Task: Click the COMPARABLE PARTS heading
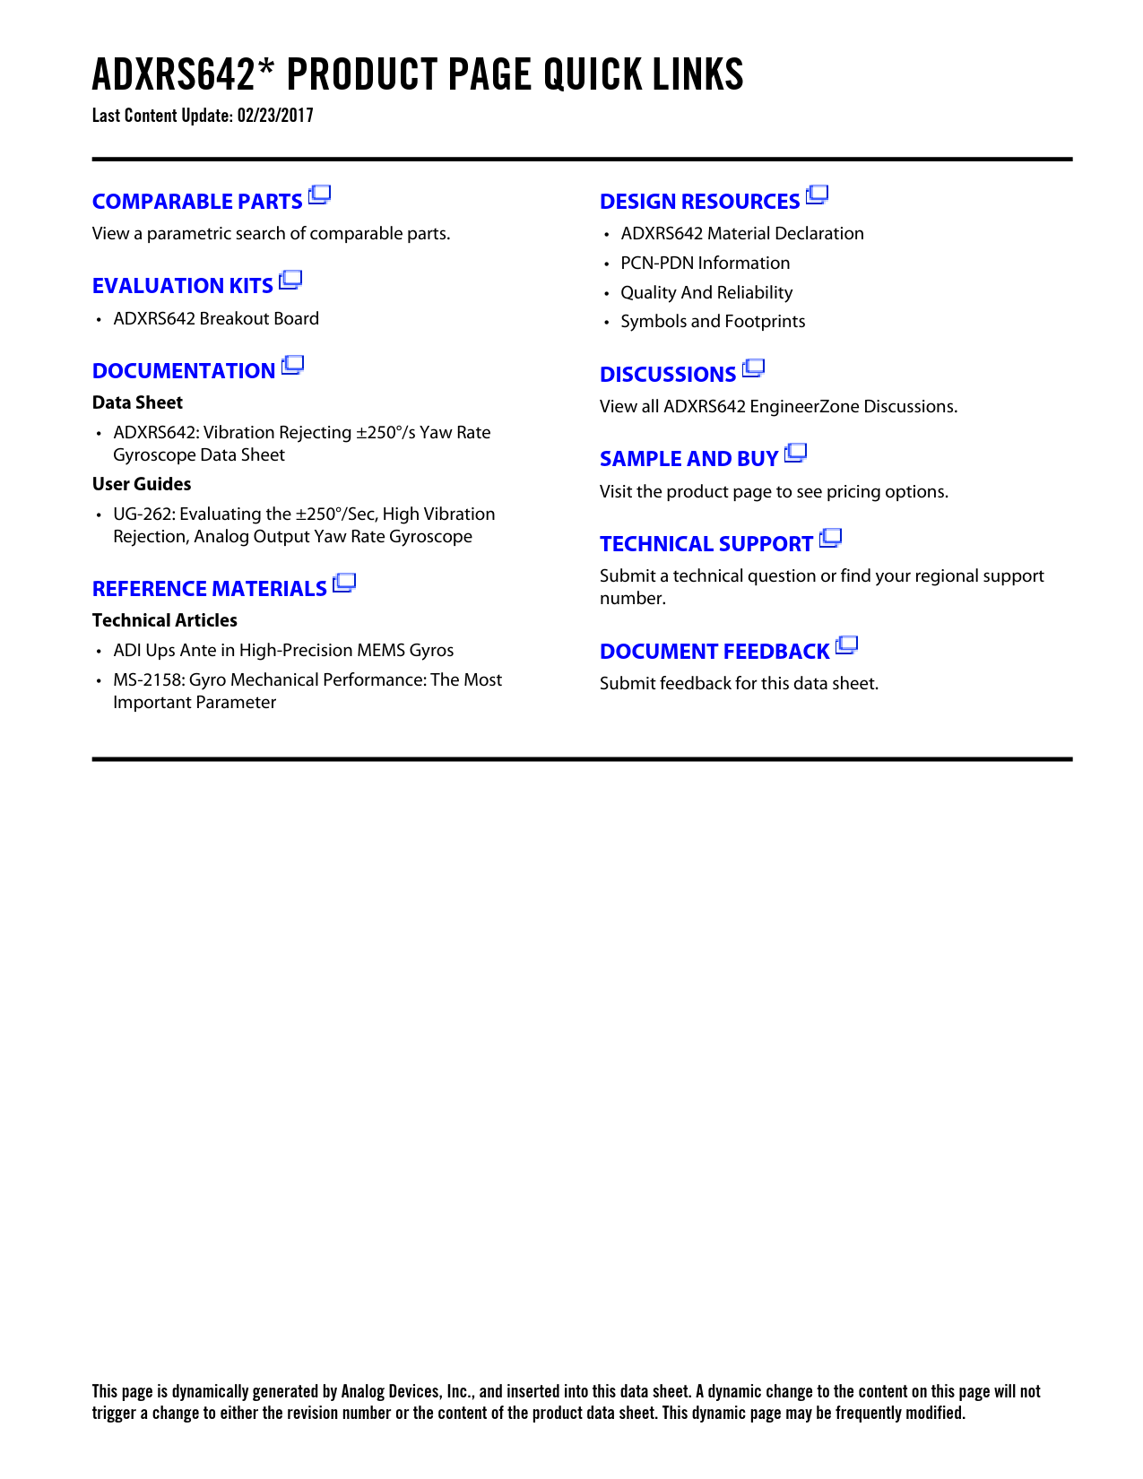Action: [197, 202]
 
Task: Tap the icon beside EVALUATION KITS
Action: [290, 281]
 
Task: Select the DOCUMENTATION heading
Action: [184, 371]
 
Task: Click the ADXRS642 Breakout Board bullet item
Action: [216, 319]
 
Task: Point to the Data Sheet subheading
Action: [137, 402]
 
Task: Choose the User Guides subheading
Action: [142, 484]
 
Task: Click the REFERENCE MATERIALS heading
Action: [209, 589]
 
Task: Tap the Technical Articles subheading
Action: [165, 620]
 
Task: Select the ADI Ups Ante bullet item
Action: [283, 651]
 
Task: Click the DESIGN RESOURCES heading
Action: [699, 202]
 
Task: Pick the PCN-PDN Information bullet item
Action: [705, 264]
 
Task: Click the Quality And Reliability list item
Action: [706, 293]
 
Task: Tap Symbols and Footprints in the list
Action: [713, 322]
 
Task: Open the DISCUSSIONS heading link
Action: [668, 375]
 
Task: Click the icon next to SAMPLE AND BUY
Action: [795, 454]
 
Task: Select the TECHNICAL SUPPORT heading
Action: [706, 544]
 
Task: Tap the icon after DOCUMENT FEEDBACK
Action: [846, 645]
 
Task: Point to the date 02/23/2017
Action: [275, 116]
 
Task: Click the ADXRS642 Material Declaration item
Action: [742, 234]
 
